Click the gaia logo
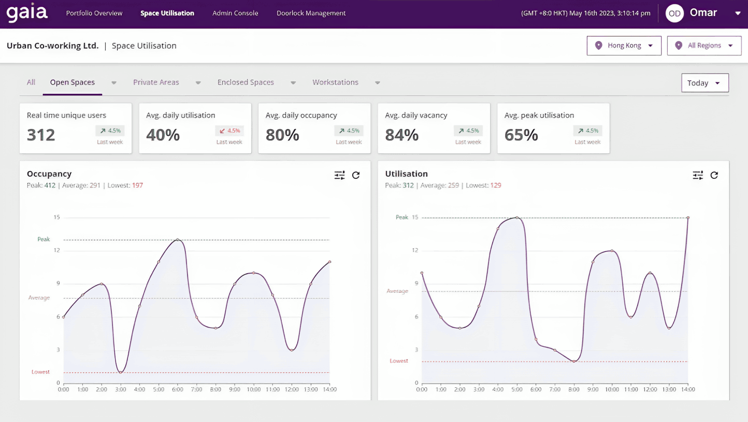pyautogui.click(x=27, y=13)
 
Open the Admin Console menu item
pyautogui.click(x=235, y=13)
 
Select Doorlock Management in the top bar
pyautogui.click(x=311, y=13)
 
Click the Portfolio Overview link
pyautogui.click(x=94, y=13)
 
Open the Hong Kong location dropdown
pyautogui.click(x=624, y=46)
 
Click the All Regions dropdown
pyautogui.click(x=704, y=46)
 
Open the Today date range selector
pyautogui.click(x=704, y=83)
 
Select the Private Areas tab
pyautogui.click(x=156, y=82)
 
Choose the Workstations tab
pyautogui.click(x=335, y=82)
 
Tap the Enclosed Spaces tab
pyautogui.click(x=246, y=82)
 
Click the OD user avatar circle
pyautogui.click(x=674, y=13)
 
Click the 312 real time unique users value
pyautogui.click(x=41, y=135)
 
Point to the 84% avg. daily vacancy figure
pyautogui.click(x=401, y=135)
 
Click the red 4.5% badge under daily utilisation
pyautogui.click(x=229, y=131)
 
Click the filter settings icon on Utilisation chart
pyautogui.click(x=698, y=175)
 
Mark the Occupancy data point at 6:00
pyautogui.click(x=178, y=240)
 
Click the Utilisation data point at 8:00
pyautogui.click(x=574, y=361)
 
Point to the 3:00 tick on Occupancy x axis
pyautogui.click(x=120, y=389)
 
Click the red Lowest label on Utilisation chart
pyautogui.click(x=399, y=361)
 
